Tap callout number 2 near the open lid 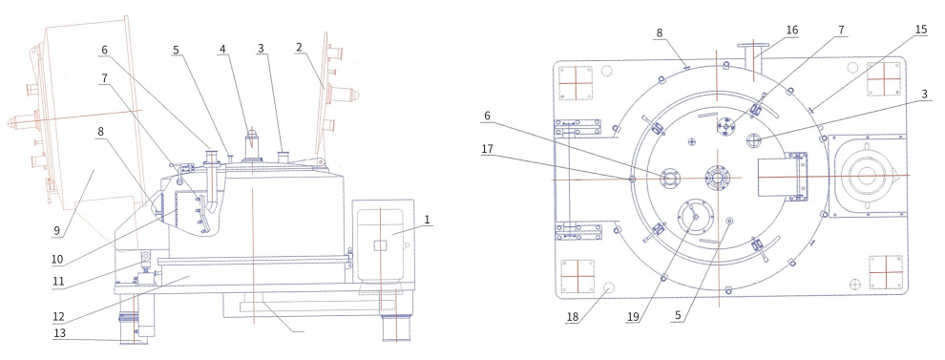pyautogui.click(x=299, y=48)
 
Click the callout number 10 pyautogui.click(x=56, y=260)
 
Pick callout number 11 pyautogui.click(x=56, y=281)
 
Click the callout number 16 pyautogui.click(x=792, y=30)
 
